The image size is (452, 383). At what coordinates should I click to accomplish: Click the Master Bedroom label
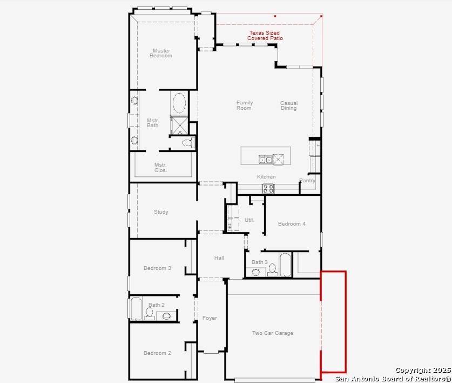click(x=161, y=54)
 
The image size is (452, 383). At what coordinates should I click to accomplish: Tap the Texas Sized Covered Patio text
click(x=265, y=36)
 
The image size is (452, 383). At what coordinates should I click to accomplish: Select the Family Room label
click(x=244, y=105)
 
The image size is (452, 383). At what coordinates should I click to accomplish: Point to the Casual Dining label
click(x=288, y=105)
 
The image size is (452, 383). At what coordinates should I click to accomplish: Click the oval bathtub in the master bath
click(x=179, y=103)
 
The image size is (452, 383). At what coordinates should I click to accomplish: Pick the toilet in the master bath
click(x=187, y=143)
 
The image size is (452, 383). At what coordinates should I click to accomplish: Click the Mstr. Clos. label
click(x=160, y=168)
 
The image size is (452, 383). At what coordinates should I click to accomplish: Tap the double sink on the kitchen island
click(x=265, y=159)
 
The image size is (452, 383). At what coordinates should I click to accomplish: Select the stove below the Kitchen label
click(x=268, y=188)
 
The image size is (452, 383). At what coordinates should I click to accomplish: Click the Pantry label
click(x=307, y=181)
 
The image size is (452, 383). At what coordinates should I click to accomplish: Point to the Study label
click(x=161, y=212)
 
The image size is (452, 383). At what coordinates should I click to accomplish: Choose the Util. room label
click(x=249, y=220)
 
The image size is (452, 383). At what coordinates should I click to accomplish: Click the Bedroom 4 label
click(x=292, y=224)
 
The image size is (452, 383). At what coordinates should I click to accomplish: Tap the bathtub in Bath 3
click(x=285, y=265)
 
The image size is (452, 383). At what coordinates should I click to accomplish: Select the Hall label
click(x=219, y=258)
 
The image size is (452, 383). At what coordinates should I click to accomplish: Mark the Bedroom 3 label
click(x=157, y=268)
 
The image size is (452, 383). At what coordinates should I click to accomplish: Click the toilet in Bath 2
click(x=150, y=313)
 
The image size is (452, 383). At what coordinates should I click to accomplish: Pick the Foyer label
click(x=210, y=318)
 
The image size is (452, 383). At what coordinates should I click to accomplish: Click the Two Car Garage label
click(x=272, y=333)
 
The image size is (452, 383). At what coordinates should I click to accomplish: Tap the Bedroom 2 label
click(x=157, y=353)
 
